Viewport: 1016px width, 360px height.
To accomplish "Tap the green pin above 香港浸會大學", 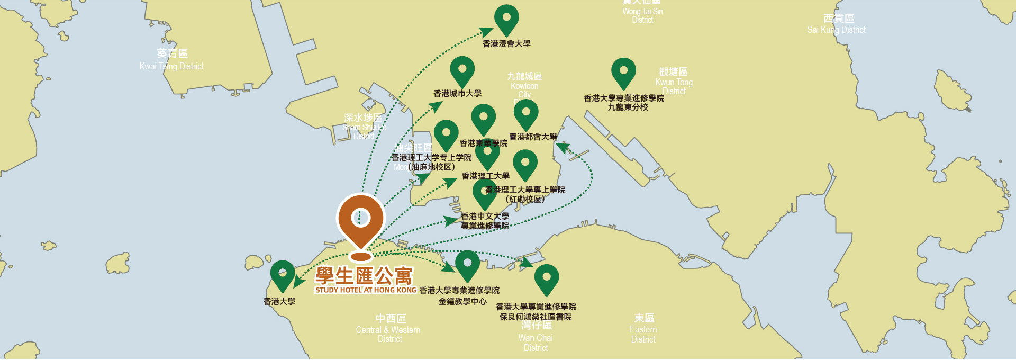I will pyautogui.click(x=506, y=19).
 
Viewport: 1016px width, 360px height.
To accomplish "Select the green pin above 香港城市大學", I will pyautogui.click(x=462, y=70).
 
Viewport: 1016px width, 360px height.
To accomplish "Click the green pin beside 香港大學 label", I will pyautogui.click(x=283, y=274).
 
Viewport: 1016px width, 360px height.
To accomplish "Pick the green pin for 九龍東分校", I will pyautogui.click(x=623, y=72).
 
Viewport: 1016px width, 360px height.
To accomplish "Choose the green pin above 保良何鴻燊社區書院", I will pyautogui.click(x=547, y=278).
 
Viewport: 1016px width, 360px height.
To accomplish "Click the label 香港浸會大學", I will pyautogui.click(x=506, y=44).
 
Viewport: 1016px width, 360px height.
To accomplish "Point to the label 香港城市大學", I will pyautogui.click(x=457, y=94).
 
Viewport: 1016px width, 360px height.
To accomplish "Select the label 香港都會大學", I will pyautogui.click(x=533, y=137).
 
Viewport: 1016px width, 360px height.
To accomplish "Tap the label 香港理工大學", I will pyautogui.click(x=485, y=176).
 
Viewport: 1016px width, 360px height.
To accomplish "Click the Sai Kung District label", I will pyautogui.click(x=837, y=25).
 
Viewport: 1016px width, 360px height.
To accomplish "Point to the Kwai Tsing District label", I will pyautogui.click(x=171, y=60).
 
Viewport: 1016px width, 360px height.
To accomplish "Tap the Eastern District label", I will pyautogui.click(x=643, y=329).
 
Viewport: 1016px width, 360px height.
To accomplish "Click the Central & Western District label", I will pyautogui.click(x=389, y=329).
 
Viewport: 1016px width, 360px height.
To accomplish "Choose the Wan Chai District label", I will pyautogui.click(x=536, y=337).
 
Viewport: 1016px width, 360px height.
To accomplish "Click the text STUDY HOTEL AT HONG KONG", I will pyautogui.click(x=366, y=290).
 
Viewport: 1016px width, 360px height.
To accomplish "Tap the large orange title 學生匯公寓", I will pyautogui.click(x=364, y=276).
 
